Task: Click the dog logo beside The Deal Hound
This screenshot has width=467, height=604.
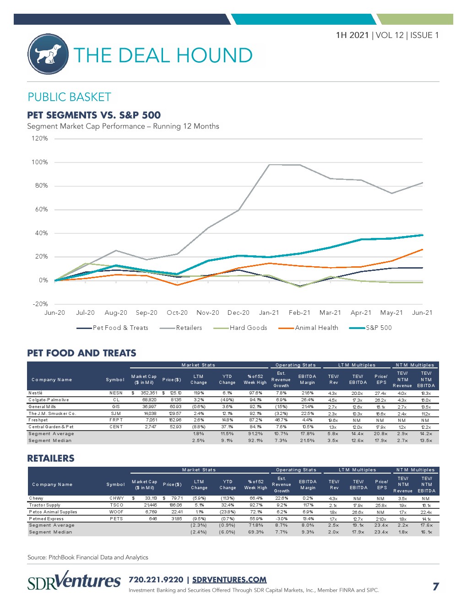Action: tap(48, 54)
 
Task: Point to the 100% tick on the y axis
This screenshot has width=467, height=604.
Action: tap(39, 162)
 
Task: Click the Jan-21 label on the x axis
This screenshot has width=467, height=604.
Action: tap(269, 313)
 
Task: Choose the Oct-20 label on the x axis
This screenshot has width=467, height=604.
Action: tap(177, 313)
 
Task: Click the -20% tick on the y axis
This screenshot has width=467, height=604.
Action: tap(40, 304)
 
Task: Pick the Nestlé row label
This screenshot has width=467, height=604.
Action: tap(36, 393)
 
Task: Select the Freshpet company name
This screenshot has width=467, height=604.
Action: tap(38, 420)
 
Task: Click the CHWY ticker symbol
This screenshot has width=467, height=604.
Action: tap(116, 498)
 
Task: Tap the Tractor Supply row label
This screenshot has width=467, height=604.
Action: tap(44, 505)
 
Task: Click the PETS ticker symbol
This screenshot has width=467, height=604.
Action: tap(116, 519)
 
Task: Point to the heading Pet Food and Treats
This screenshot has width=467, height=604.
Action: tap(81, 353)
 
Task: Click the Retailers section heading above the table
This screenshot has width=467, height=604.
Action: tap(51, 458)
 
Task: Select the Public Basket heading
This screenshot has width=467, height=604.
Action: tap(69, 97)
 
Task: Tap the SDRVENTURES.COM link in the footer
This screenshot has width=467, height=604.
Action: tap(229, 580)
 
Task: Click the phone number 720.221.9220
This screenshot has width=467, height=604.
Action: tap(156, 580)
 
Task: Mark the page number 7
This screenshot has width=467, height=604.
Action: tap(435, 586)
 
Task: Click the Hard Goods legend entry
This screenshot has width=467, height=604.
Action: tap(248, 328)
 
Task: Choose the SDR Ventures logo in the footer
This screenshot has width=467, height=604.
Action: tap(74, 581)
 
